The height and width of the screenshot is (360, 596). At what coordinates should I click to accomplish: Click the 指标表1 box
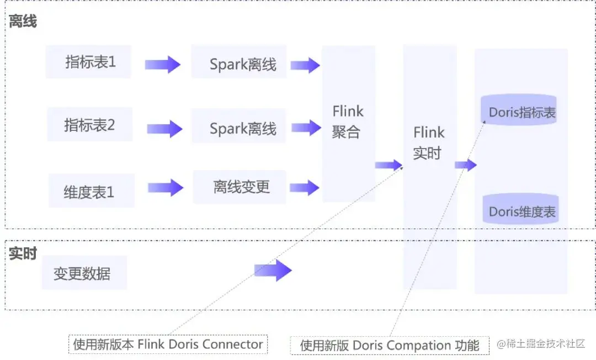89,62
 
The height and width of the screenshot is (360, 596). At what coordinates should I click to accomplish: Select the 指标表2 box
90,125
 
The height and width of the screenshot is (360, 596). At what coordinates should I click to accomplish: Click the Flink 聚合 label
348,121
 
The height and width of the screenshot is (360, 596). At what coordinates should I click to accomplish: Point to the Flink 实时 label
429,142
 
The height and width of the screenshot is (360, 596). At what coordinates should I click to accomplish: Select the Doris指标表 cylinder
522,112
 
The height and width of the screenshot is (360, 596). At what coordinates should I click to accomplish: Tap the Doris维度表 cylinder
522,211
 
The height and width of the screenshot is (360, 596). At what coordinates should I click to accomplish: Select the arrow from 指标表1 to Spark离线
162,65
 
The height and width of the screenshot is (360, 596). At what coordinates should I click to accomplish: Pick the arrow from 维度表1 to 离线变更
165,188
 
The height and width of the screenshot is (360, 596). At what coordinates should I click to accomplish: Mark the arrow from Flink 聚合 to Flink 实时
389,165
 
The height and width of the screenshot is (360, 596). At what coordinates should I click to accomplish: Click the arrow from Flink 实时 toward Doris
466,165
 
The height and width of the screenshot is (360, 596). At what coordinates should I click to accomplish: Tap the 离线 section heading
23,22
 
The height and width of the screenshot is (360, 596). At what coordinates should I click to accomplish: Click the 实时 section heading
23,253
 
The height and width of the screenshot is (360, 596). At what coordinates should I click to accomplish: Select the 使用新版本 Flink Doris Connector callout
168,344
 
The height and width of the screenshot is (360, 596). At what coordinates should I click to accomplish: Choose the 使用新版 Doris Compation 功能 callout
390,345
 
